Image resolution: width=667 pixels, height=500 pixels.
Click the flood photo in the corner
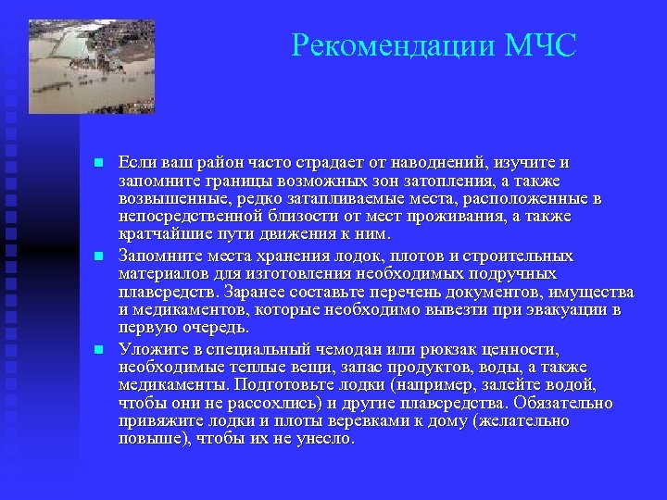[91, 67]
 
